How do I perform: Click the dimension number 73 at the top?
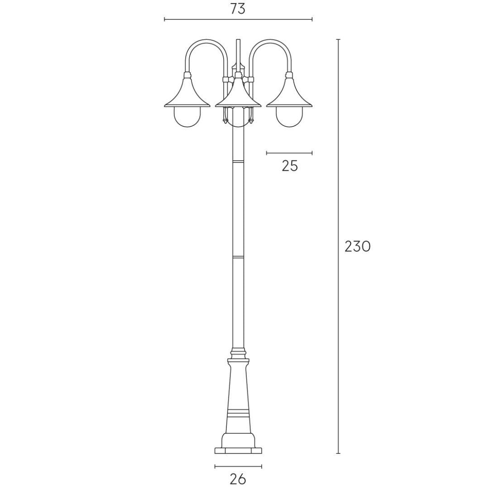[238, 9]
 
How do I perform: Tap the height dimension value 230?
[357, 247]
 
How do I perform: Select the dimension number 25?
[290, 166]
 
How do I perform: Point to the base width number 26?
[238, 479]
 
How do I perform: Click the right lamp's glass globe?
[290, 117]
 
